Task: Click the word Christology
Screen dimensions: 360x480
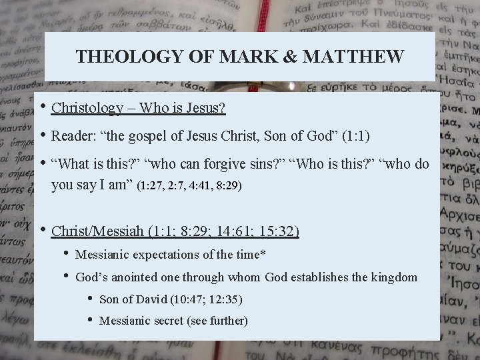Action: (87, 108)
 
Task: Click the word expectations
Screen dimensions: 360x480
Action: (165, 255)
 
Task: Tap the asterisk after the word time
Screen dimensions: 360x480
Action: (263, 253)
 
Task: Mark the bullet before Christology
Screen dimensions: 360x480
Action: (43, 107)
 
